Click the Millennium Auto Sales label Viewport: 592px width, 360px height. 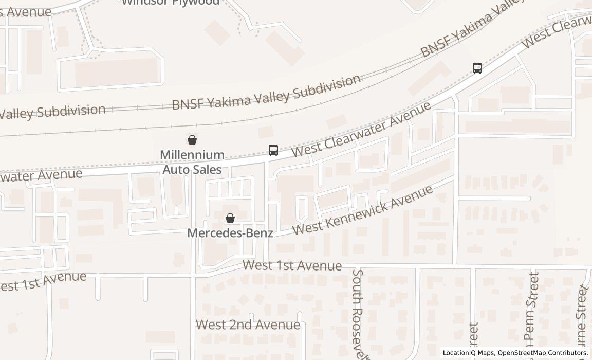pos(192,162)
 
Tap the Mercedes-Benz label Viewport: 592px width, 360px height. pos(230,233)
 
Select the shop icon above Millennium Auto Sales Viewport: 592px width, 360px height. pos(192,139)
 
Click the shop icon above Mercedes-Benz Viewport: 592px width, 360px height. pos(230,219)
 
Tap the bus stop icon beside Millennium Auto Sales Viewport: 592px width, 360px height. pos(273,150)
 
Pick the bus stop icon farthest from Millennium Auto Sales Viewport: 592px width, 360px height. pos(477,68)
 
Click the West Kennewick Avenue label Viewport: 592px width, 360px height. pos(363,210)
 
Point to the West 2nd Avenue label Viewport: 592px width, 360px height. pos(248,325)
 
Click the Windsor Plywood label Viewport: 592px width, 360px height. pos(171,3)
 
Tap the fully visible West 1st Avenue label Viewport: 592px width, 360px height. pos(292,265)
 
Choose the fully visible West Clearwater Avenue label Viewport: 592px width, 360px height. pos(361,130)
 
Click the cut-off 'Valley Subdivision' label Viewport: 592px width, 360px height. pos(51,111)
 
